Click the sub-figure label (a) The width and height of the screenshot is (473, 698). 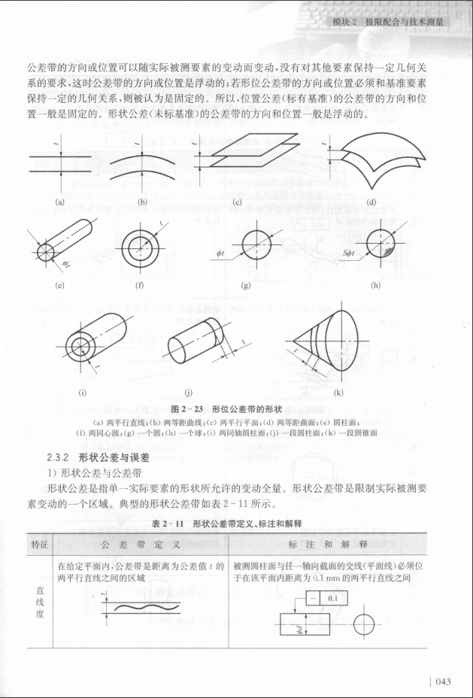pyautogui.click(x=60, y=201)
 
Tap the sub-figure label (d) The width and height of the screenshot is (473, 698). pyautogui.click(x=371, y=201)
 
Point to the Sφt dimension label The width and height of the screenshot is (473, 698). pyautogui.click(x=348, y=254)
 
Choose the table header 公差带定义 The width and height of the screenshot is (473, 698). pyautogui.click(x=140, y=543)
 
